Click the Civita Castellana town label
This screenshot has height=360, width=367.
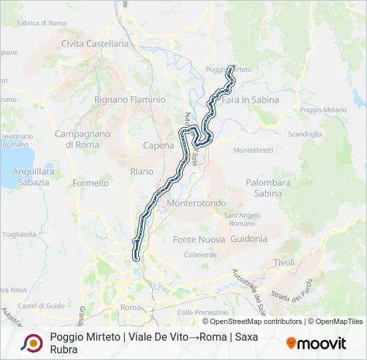[x=94, y=44]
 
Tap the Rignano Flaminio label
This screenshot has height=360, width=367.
[x=129, y=100]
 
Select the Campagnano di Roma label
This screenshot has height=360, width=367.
[x=82, y=139]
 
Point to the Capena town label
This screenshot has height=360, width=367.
[x=159, y=145]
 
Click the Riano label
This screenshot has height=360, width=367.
[x=141, y=171]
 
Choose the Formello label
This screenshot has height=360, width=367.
[x=90, y=183]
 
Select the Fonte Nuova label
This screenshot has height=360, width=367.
[x=198, y=239]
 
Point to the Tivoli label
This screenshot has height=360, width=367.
[x=284, y=263]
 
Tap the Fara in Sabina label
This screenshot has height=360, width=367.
[x=250, y=100]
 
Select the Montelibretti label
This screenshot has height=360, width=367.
[x=254, y=150]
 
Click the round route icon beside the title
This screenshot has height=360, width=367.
[x=31, y=343]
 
